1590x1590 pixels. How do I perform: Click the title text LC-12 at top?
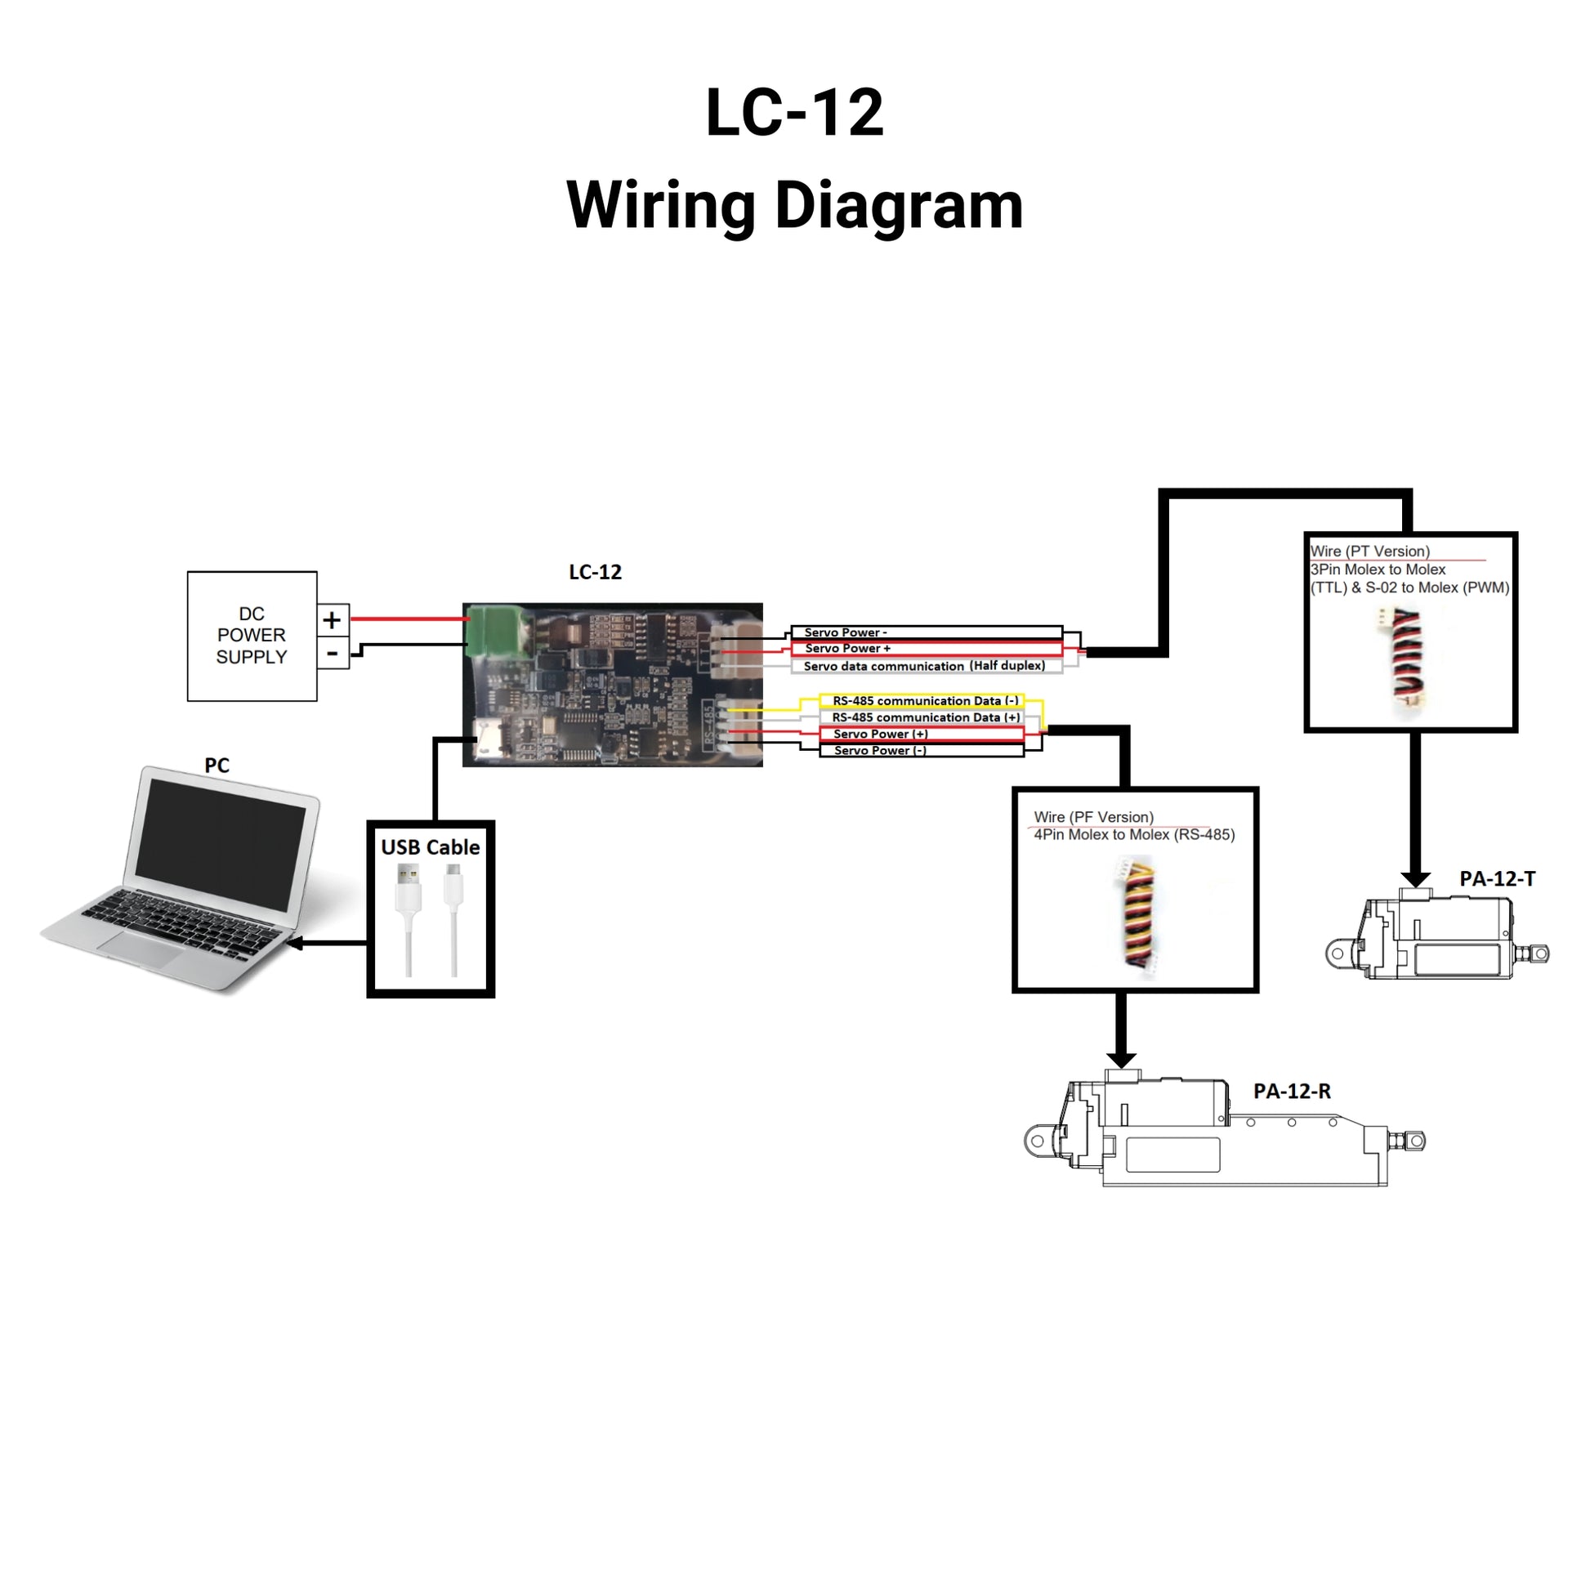point(794,113)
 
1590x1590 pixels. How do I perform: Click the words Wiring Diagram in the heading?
point(794,206)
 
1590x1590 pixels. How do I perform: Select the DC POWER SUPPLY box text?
point(251,636)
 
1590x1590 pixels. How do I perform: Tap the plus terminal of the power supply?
point(332,619)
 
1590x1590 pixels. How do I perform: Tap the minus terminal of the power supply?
point(332,654)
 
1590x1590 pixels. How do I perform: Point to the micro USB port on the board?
point(490,739)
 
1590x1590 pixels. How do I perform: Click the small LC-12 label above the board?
point(595,572)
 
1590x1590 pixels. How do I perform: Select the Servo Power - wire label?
point(845,632)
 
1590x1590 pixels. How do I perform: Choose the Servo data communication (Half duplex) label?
point(923,666)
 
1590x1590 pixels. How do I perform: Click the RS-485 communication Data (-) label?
point(925,701)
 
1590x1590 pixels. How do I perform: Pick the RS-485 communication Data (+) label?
point(925,717)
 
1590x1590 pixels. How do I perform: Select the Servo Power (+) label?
point(881,734)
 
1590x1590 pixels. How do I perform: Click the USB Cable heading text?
point(431,846)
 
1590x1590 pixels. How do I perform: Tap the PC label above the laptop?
point(217,766)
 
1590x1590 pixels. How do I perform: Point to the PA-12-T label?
point(1497,879)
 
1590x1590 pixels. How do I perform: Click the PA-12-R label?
point(1291,1092)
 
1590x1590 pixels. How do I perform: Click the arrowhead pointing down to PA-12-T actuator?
point(1414,878)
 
